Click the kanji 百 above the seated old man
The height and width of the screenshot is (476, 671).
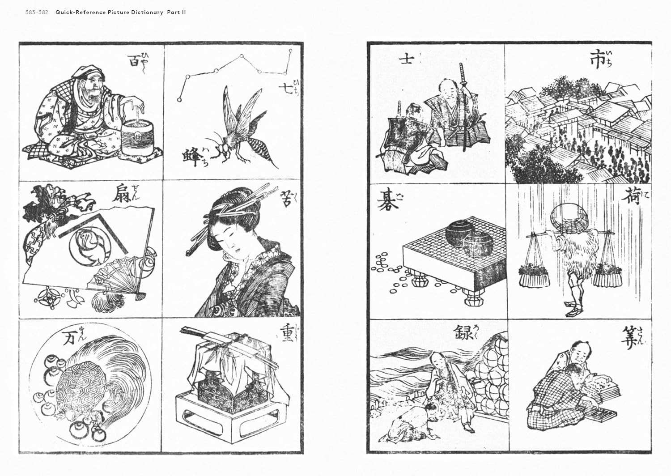click(x=134, y=61)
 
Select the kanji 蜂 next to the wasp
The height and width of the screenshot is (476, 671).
click(x=192, y=156)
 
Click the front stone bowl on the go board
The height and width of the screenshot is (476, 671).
click(x=476, y=246)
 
